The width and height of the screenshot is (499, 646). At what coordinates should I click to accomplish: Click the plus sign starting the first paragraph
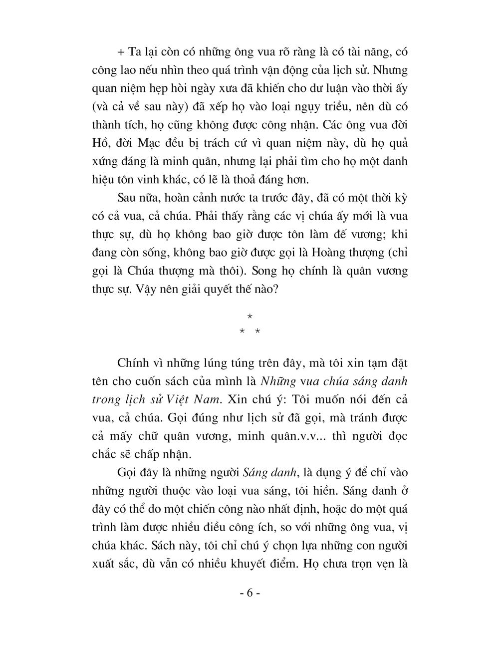[119, 52]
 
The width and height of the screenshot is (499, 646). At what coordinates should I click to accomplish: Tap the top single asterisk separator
[250, 317]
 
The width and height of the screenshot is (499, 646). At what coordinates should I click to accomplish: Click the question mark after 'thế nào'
[275, 290]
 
